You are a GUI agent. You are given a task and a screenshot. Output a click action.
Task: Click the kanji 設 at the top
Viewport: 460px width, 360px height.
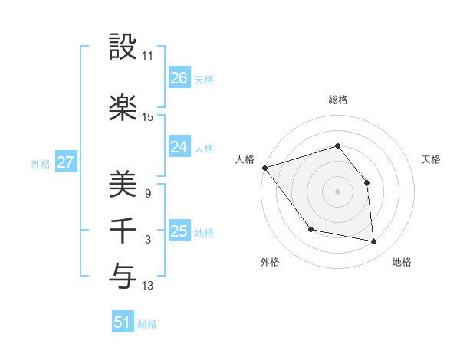pos(123,47)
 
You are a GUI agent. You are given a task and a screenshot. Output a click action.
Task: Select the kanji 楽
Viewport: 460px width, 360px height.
pos(123,108)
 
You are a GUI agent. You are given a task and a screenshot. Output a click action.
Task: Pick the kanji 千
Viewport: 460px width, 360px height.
pos(123,231)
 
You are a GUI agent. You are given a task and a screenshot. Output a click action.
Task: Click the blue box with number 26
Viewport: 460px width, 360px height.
pos(179,78)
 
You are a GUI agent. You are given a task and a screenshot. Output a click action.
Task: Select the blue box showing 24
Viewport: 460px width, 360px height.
pos(179,147)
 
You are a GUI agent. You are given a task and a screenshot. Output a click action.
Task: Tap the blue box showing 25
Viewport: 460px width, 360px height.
pos(179,231)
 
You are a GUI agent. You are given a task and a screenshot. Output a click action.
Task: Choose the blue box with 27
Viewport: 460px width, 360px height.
pos(65,162)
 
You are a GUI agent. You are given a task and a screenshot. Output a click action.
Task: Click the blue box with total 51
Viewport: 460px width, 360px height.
pos(123,322)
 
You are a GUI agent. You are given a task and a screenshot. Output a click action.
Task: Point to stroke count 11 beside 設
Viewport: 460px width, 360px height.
pos(148,56)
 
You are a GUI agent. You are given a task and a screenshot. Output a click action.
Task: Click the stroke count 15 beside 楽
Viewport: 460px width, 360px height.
pos(148,117)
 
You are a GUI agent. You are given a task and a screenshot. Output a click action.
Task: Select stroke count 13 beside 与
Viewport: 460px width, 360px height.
pos(148,286)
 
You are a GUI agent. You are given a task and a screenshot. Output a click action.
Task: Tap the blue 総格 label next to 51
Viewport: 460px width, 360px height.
pos(147,324)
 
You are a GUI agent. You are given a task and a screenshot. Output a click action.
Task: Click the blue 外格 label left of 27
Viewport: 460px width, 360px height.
pos(41,163)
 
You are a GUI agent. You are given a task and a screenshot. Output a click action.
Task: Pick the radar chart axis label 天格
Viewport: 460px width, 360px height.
pos(431,159)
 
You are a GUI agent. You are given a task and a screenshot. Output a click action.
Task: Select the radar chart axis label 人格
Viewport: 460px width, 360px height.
pos(245,159)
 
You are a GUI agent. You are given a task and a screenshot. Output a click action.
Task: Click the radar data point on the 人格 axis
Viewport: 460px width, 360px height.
pos(264,168)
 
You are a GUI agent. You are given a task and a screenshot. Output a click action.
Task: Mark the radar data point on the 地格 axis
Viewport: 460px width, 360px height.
pos(374,242)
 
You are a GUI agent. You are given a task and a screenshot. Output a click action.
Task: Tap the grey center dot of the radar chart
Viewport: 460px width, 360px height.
pos(337,191)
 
